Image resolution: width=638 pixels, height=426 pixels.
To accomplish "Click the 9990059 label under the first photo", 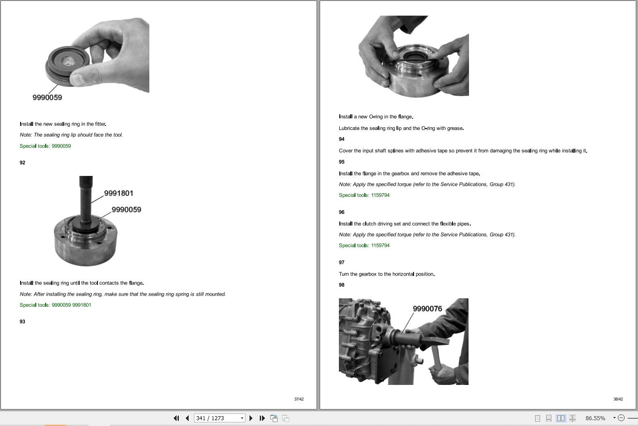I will click(x=47, y=97).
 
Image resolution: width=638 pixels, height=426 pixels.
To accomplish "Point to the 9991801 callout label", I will click(x=118, y=193).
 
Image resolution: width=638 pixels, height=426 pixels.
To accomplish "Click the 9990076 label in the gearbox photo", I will click(x=427, y=309).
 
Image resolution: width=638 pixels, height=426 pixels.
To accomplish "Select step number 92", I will click(x=22, y=163).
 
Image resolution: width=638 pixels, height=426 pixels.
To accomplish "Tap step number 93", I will click(x=22, y=322).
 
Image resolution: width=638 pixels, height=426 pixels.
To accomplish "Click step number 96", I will click(x=342, y=213).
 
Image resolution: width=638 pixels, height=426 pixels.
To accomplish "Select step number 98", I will click(x=342, y=285).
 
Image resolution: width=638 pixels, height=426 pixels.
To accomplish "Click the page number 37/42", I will click(x=299, y=399).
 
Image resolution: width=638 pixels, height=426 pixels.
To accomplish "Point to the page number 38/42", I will click(x=618, y=399).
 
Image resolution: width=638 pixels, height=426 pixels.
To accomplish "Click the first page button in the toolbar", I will click(x=176, y=418).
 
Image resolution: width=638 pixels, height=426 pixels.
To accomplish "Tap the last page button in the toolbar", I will click(x=262, y=418).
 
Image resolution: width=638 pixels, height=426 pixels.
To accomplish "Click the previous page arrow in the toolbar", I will click(x=187, y=418).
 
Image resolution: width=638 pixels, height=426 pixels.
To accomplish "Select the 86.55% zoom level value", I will click(x=595, y=418).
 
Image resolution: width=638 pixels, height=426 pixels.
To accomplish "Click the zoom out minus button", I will click(x=621, y=418).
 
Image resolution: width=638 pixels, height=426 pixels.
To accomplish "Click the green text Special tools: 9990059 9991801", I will click(x=55, y=305).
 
